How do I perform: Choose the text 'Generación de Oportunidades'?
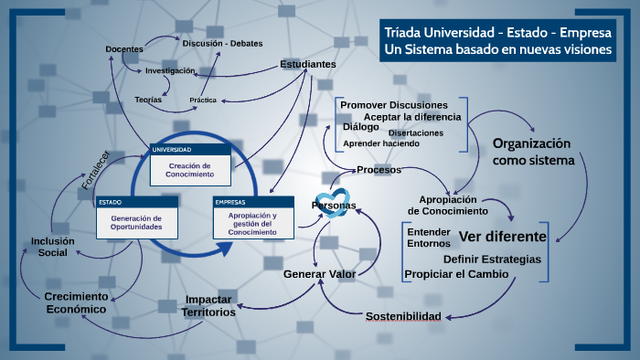click(136, 222)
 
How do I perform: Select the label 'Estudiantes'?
click(308, 64)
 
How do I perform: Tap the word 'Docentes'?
click(124, 48)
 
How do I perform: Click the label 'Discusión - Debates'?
click(222, 43)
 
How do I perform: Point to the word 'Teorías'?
click(148, 99)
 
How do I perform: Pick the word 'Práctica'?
click(203, 100)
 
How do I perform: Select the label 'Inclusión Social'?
click(53, 247)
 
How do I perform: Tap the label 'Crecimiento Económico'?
click(76, 303)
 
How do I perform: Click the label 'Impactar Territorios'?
click(209, 306)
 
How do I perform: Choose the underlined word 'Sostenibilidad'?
click(403, 316)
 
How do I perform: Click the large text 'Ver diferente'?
click(502, 238)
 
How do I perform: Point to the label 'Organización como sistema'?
click(532, 152)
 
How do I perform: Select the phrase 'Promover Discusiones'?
click(394, 104)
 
